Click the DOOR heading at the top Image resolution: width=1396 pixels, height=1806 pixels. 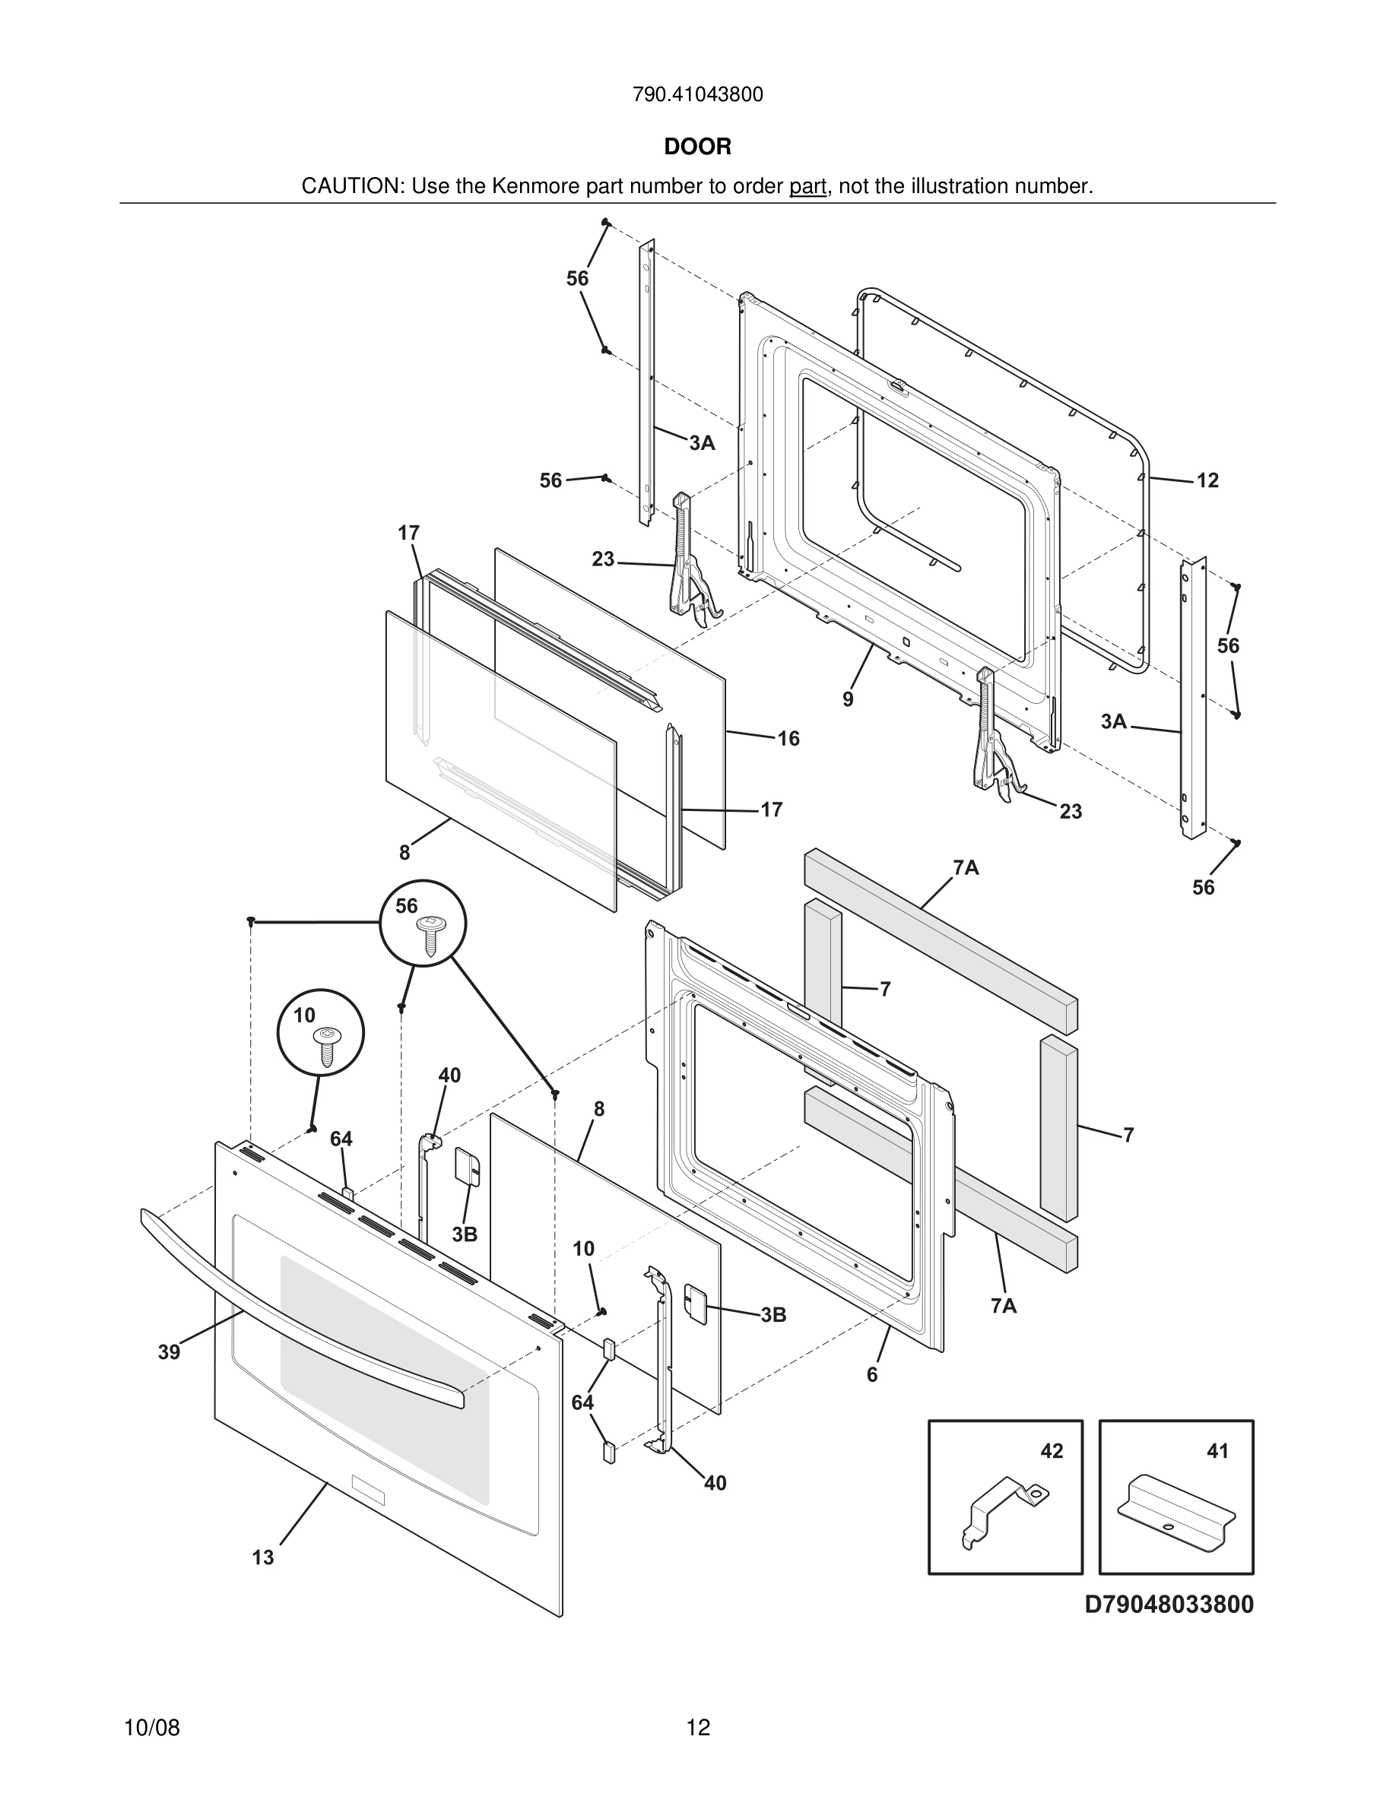pyautogui.click(x=697, y=147)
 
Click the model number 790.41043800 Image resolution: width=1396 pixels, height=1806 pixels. pyautogui.click(x=697, y=95)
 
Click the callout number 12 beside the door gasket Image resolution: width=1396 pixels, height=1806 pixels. pyautogui.click(x=1207, y=480)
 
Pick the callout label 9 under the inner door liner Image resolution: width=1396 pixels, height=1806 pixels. pyautogui.click(x=848, y=699)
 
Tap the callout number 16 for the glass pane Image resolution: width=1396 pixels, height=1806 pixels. pyautogui.click(x=788, y=739)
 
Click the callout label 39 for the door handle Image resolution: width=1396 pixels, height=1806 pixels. pyautogui.click(x=169, y=1352)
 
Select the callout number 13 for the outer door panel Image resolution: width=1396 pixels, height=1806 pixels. pyautogui.click(x=263, y=1558)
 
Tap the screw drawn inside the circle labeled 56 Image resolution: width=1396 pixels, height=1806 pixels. pyautogui.click(x=430, y=932)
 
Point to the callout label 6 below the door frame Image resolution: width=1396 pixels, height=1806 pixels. pyautogui.click(x=871, y=1374)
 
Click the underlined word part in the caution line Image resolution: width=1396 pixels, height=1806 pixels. pyautogui.click(x=808, y=187)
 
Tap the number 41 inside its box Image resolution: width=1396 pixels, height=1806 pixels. pyautogui.click(x=1217, y=1451)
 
